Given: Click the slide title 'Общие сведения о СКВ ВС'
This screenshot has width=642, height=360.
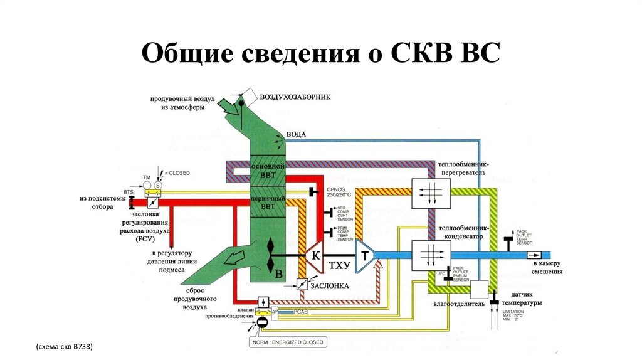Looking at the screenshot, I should (x=320, y=54).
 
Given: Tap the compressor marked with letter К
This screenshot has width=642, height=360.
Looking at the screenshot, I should (x=316, y=255).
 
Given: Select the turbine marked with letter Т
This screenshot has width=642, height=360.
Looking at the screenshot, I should (x=364, y=255).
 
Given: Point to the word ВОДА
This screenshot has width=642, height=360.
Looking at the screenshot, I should (x=296, y=134).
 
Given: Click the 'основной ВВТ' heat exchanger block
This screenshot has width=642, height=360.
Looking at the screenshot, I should (x=268, y=171).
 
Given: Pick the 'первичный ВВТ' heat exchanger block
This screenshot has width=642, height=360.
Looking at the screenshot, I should (x=268, y=201).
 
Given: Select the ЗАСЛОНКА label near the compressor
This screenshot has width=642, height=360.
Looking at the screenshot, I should (x=330, y=285).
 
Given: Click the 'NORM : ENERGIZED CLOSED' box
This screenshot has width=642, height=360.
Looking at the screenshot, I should (x=287, y=342).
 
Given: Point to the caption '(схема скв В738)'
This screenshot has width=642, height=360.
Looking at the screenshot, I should (x=65, y=346).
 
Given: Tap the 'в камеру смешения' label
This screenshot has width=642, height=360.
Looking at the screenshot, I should (x=547, y=268).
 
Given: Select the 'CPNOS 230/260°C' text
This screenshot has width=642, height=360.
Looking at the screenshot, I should (x=339, y=192).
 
